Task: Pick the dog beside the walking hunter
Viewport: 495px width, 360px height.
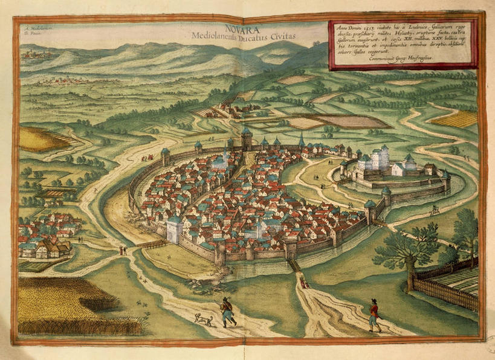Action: tap(204, 318)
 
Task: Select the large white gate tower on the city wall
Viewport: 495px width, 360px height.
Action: tap(175, 228)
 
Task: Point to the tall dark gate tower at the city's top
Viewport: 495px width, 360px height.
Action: tap(247, 139)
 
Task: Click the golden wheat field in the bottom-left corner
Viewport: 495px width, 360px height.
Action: tap(66, 305)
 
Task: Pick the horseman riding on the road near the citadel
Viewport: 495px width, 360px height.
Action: tap(434, 211)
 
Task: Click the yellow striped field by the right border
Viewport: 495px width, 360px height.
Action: tap(456, 119)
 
